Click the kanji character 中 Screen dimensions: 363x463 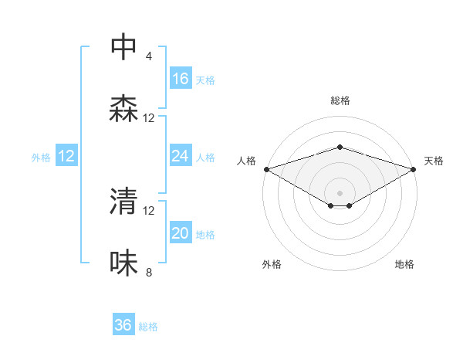click(123, 47)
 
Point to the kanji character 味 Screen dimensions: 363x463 click(123, 263)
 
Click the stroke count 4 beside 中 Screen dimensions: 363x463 click(149, 56)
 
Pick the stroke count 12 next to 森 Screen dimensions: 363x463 click(149, 118)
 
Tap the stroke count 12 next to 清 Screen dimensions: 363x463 click(149, 210)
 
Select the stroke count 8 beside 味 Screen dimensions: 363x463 click(149, 272)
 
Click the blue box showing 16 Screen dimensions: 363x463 click(181, 79)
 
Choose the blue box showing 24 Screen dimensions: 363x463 click(181, 156)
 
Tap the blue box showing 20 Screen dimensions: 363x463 click(181, 233)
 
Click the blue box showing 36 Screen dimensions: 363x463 click(123, 325)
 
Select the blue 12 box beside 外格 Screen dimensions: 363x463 click(66, 156)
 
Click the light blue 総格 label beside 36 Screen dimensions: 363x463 click(148, 327)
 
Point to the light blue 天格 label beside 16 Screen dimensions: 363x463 click(205, 80)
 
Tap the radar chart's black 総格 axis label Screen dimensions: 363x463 click(340, 100)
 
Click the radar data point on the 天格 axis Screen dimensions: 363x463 click(414, 169)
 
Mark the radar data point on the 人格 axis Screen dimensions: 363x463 click(266, 169)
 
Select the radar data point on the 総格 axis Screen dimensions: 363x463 click(340, 147)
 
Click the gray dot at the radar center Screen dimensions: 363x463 click(340, 192)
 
